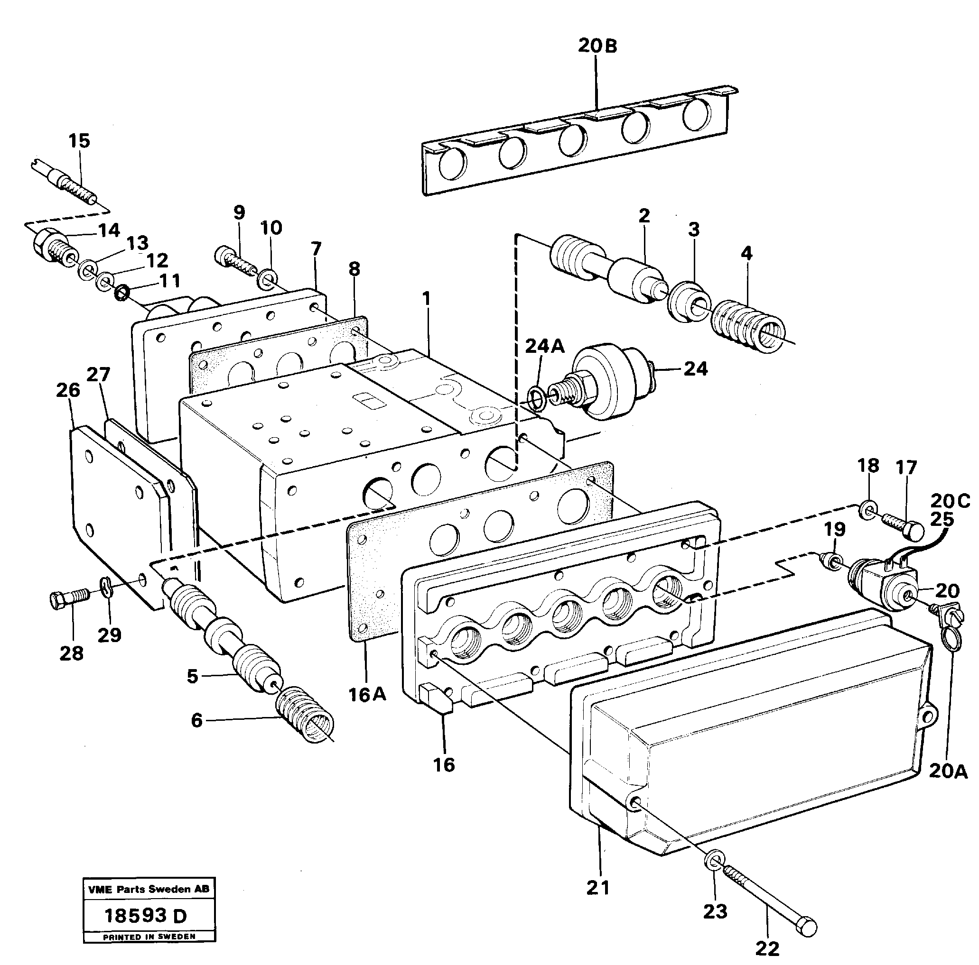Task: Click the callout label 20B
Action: [x=597, y=46]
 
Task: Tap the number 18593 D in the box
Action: [x=145, y=915]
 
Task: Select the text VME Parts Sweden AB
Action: [x=149, y=889]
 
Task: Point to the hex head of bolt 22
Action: [x=806, y=926]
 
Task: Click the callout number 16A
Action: [x=367, y=695]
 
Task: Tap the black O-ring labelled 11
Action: [x=121, y=293]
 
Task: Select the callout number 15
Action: [x=79, y=141]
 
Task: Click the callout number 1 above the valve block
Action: [x=427, y=299]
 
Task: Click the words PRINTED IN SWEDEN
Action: [x=149, y=937]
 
